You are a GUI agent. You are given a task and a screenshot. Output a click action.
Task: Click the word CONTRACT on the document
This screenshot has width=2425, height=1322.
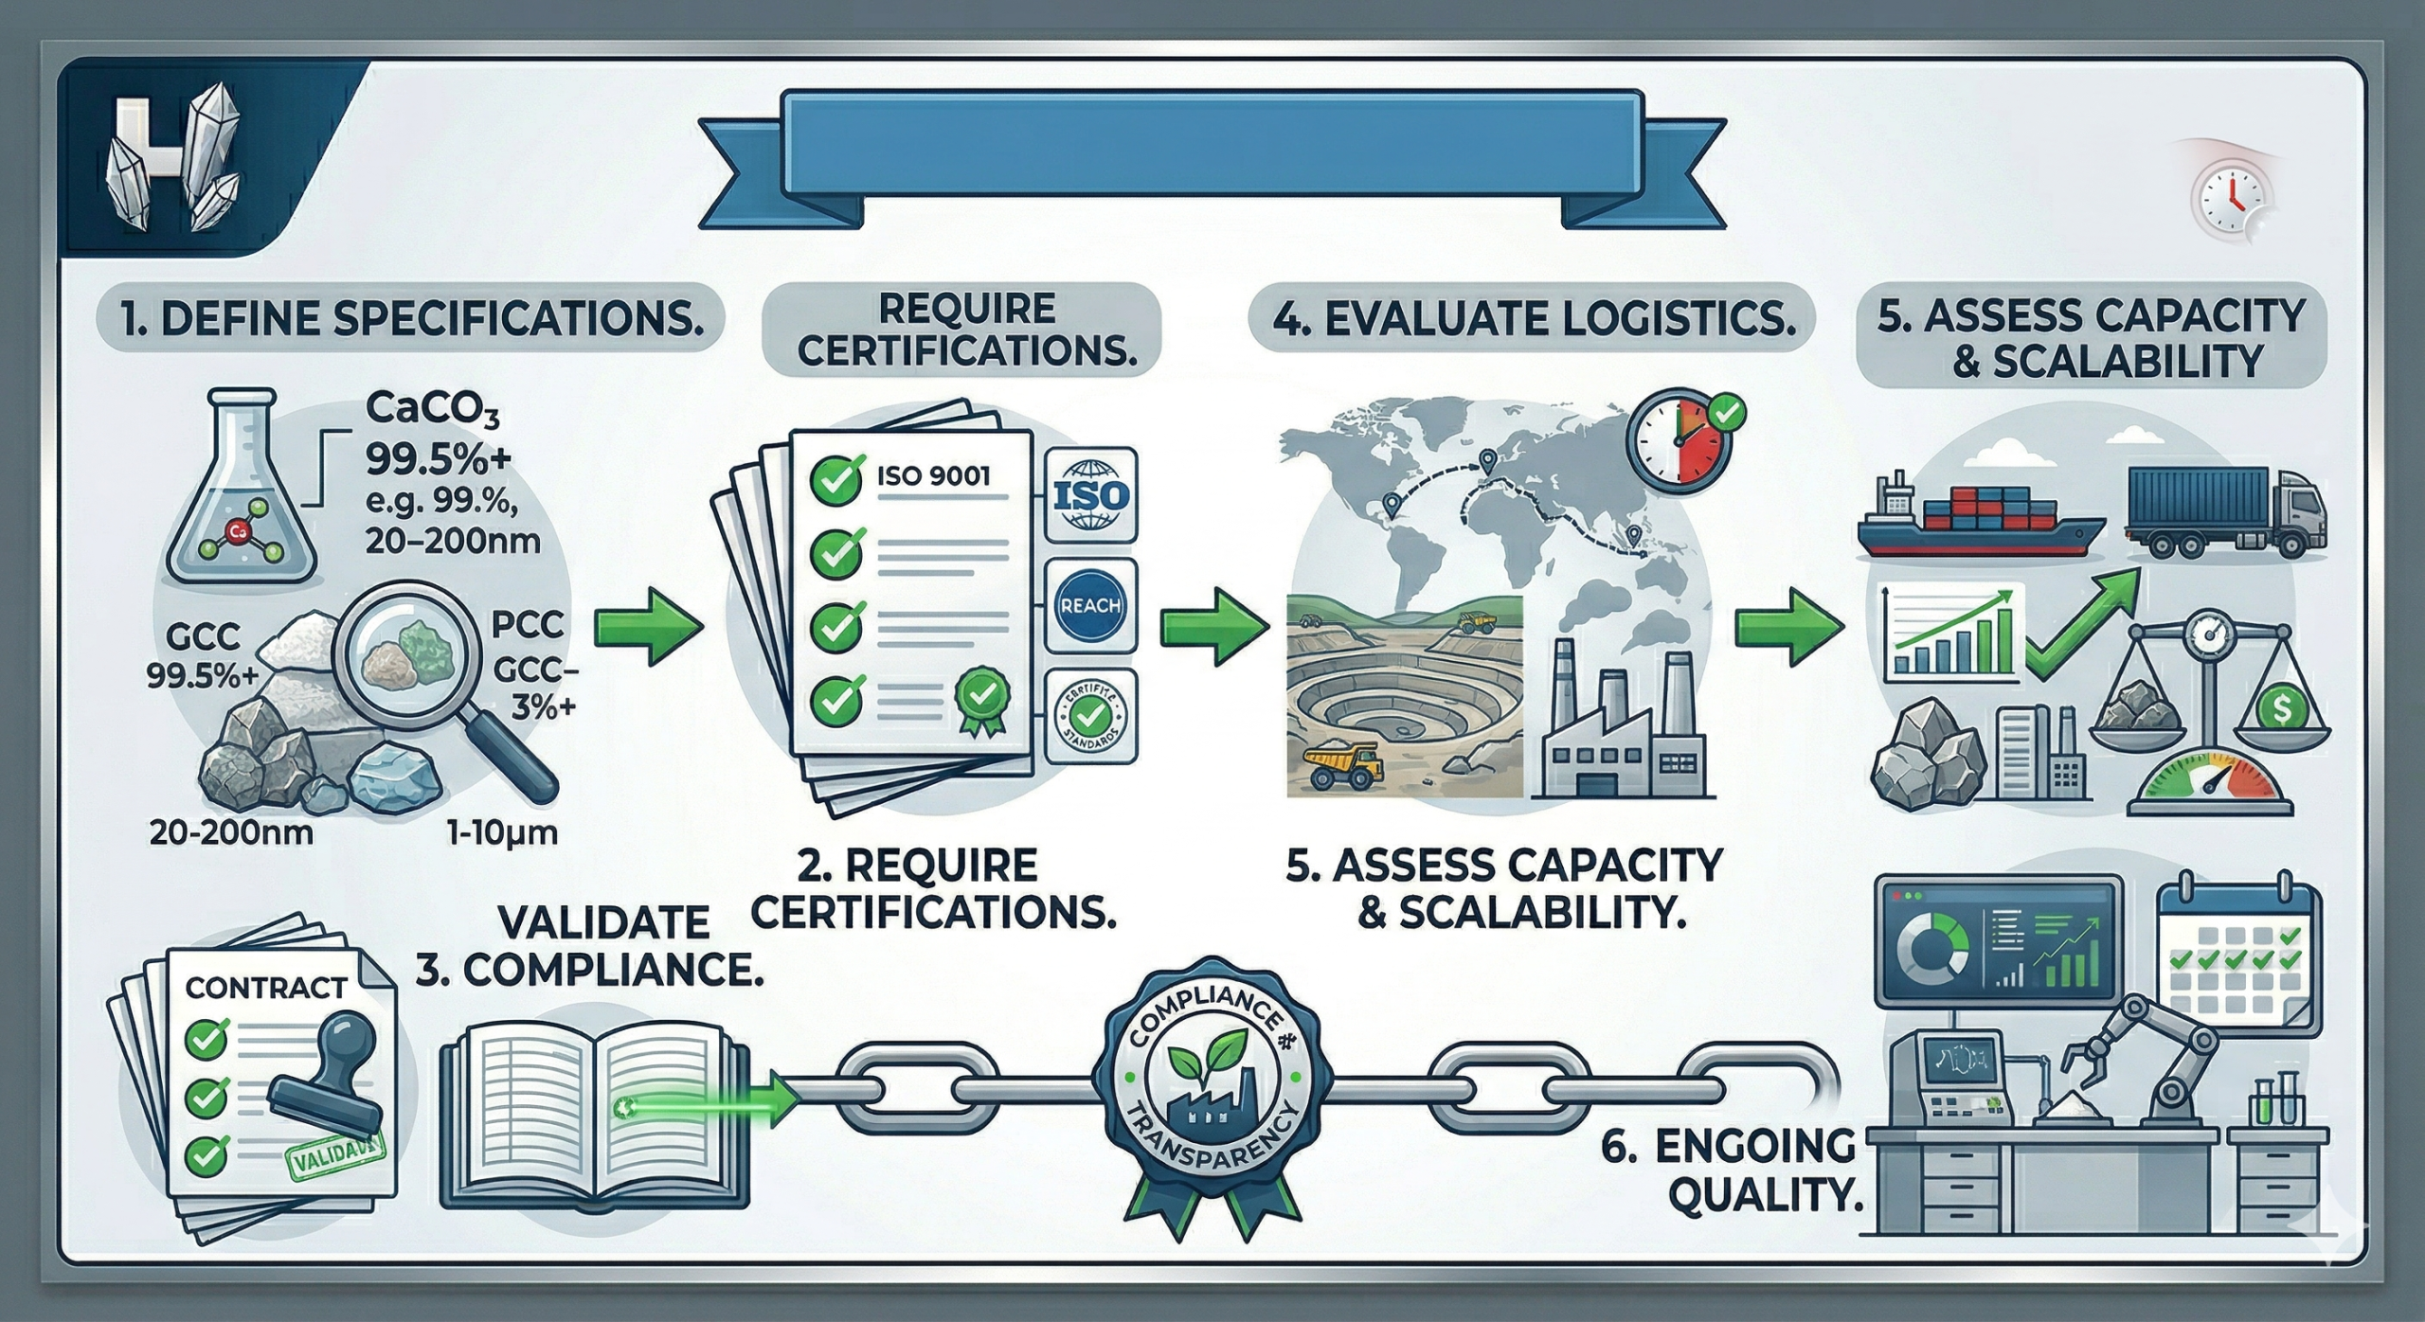(265, 989)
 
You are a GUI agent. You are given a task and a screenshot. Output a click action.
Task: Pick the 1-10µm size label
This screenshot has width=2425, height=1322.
(501, 834)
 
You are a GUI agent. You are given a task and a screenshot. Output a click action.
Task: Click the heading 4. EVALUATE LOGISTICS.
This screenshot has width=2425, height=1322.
(1532, 320)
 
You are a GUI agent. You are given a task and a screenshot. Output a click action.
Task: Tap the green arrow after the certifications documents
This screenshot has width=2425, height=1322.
(1214, 626)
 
